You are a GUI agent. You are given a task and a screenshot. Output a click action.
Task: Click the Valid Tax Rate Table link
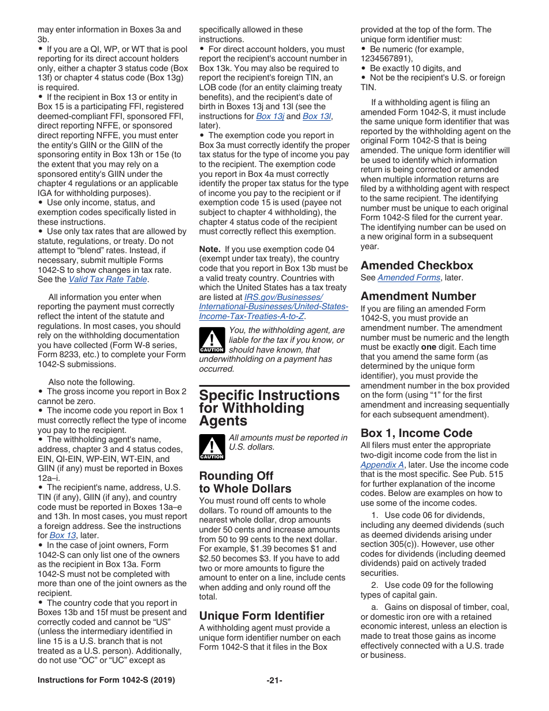(108, 279)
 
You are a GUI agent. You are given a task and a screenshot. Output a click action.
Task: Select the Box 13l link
(317, 116)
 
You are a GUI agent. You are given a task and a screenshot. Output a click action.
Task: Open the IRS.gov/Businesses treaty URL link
(273, 307)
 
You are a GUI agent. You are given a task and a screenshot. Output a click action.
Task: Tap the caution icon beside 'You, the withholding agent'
(212, 339)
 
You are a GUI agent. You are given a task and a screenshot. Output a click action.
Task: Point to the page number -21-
(274, 680)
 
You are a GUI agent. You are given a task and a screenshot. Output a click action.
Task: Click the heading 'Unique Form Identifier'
(262, 616)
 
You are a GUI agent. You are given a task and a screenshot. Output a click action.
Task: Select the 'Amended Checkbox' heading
(417, 265)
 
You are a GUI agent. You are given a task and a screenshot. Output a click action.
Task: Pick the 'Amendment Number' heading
(418, 296)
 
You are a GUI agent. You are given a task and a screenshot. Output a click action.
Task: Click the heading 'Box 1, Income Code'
(416, 433)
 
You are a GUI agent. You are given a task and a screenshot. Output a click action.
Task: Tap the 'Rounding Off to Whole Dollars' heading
(236, 482)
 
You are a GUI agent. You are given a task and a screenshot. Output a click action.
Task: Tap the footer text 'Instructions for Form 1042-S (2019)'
(106, 680)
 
